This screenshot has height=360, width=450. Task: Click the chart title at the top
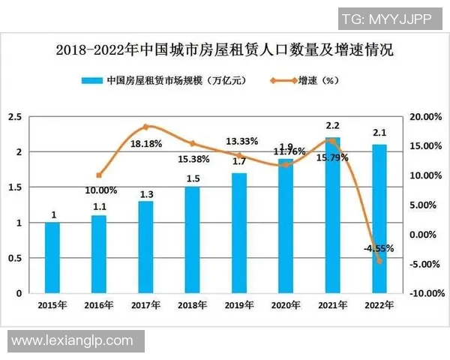pyautogui.click(x=225, y=51)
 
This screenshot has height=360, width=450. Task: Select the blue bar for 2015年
pyautogui.click(x=52, y=258)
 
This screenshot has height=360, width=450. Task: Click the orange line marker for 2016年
pyautogui.click(x=99, y=175)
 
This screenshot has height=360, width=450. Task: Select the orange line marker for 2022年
pyautogui.click(x=379, y=261)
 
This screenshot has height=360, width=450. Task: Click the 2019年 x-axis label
pyautogui.click(x=239, y=306)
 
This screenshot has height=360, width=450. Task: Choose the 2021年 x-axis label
pyautogui.click(x=332, y=306)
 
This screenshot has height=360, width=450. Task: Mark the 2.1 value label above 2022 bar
pyautogui.click(x=379, y=134)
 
